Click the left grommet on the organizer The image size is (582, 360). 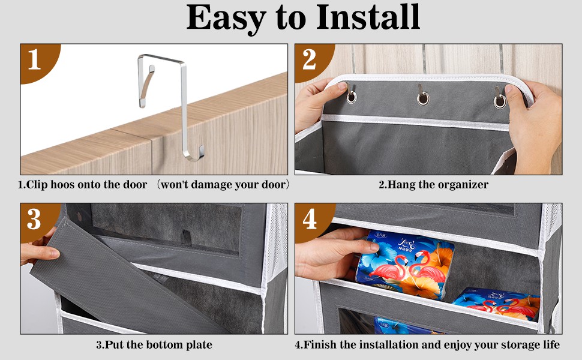[x=351, y=97]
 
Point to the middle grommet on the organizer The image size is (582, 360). [x=422, y=99]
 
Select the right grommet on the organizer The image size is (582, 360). [x=500, y=101]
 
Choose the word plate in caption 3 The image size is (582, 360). [x=199, y=345]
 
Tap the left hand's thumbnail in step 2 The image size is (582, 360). [x=342, y=87]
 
